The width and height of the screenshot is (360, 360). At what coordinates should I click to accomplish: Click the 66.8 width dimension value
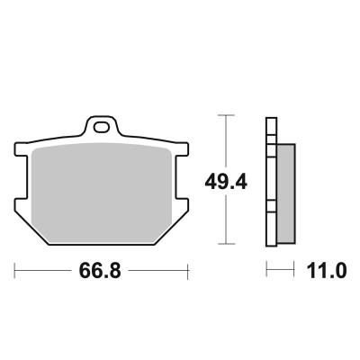[x=100, y=270]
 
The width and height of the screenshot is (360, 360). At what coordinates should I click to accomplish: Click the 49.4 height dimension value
[x=226, y=182]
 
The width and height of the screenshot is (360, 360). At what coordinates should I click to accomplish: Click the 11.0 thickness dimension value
[x=327, y=270]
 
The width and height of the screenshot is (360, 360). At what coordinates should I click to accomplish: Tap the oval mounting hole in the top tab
[x=101, y=127]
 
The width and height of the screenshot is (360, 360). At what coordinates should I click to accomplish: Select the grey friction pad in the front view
[x=102, y=193]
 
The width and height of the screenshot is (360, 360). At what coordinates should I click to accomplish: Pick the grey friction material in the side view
[x=286, y=193]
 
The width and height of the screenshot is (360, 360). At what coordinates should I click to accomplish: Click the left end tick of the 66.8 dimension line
[x=14, y=271]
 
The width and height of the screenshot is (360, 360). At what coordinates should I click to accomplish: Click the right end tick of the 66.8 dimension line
[x=188, y=271]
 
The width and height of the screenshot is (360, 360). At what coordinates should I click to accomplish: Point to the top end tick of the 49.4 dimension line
[x=226, y=115]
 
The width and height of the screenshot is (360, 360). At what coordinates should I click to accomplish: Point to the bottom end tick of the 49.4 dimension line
[x=226, y=244]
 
